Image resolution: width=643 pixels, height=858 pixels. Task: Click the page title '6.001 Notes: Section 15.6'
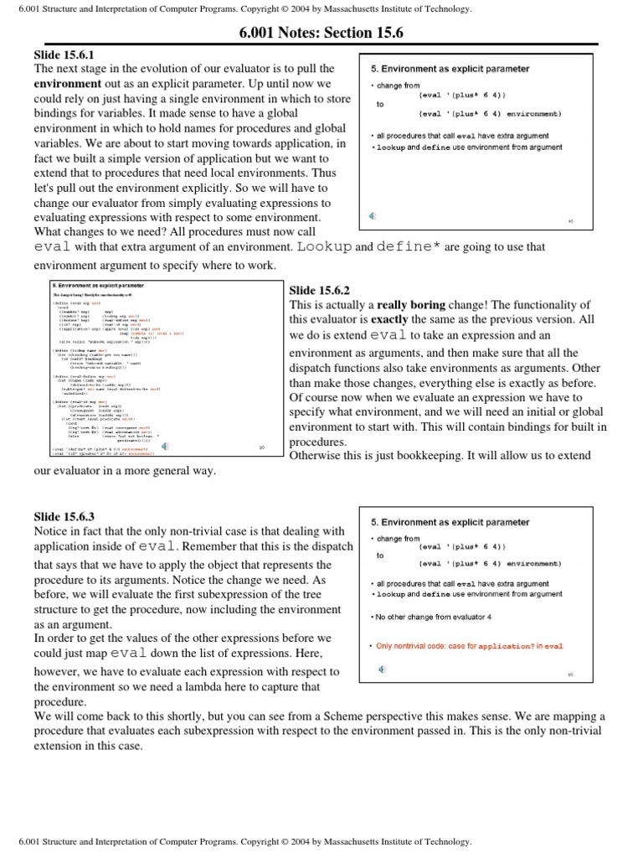pos(321,32)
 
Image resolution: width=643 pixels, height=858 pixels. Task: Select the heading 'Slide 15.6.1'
pos(67,54)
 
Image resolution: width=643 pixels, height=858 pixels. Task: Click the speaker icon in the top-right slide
pos(373,216)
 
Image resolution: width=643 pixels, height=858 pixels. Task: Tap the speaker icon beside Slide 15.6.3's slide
pos(382,669)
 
